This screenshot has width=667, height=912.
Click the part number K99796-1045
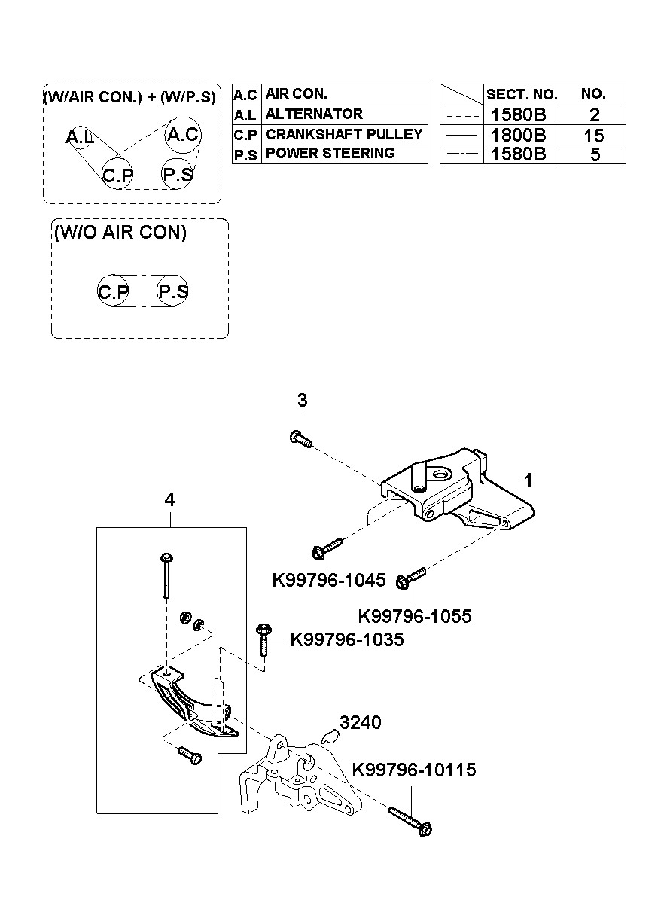[x=328, y=580]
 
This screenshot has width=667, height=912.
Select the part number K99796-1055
[x=414, y=616]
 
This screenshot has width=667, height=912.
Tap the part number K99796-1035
[x=347, y=639]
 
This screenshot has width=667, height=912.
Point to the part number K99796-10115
[x=414, y=770]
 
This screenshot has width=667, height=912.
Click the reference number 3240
[x=360, y=723]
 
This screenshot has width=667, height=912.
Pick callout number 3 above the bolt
[x=303, y=400]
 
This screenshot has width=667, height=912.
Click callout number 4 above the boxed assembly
[x=169, y=499]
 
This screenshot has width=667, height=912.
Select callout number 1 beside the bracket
[x=528, y=480]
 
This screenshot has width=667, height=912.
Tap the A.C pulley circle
[x=183, y=135]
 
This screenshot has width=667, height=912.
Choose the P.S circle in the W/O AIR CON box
[x=172, y=291]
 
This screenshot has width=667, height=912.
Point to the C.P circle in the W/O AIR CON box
[x=113, y=291]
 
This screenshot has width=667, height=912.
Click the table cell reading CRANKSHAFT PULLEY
[x=344, y=134]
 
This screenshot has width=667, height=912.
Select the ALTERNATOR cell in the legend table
[x=344, y=114]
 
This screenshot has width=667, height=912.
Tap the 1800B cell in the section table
[x=521, y=135]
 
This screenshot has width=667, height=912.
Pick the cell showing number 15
[x=592, y=135]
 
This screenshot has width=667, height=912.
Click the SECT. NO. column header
[x=521, y=94]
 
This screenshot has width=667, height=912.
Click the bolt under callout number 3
[x=301, y=439]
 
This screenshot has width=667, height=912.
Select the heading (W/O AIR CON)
[x=120, y=233]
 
